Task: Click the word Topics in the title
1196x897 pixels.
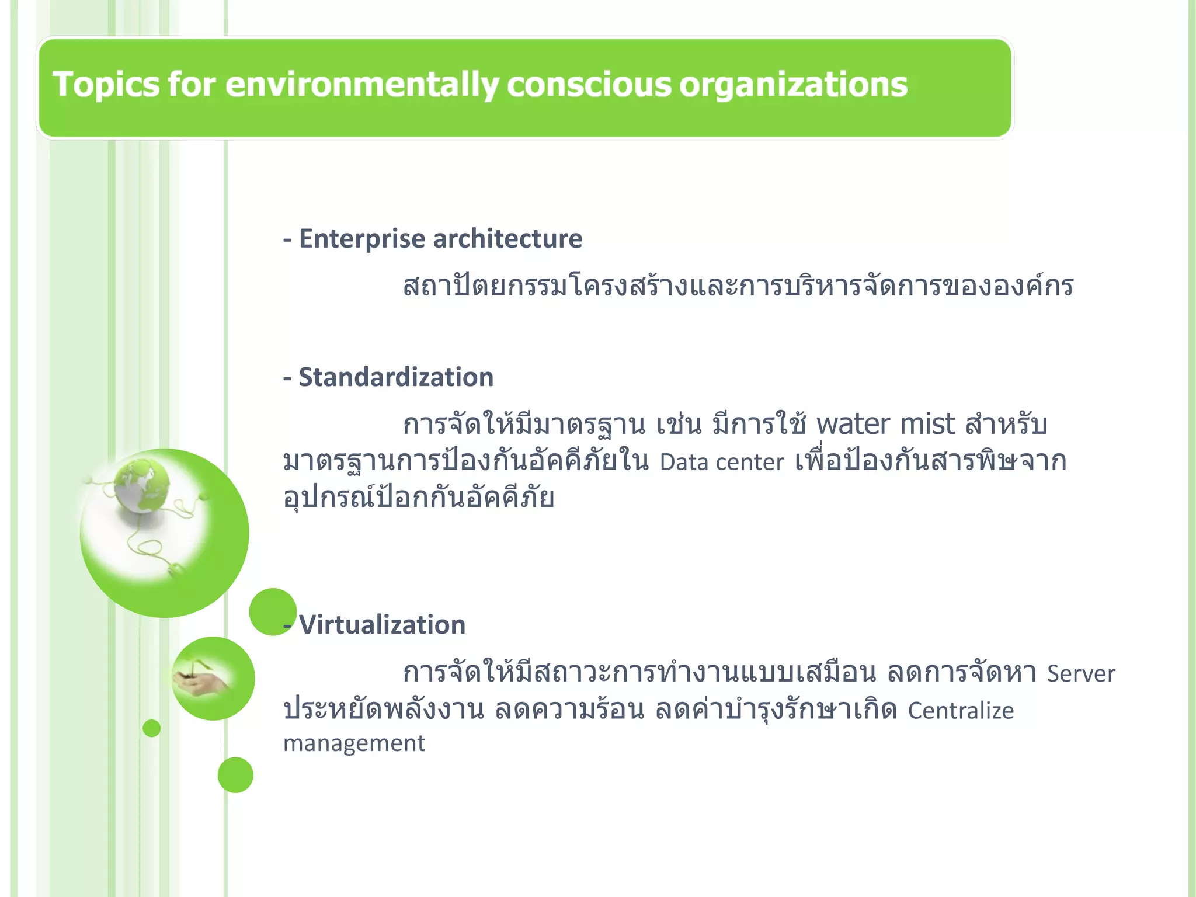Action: tap(105, 84)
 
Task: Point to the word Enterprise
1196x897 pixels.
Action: tap(362, 239)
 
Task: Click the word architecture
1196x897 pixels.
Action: tap(507, 239)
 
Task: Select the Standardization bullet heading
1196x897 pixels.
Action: tap(396, 377)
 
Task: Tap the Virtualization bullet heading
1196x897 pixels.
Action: tap(382, 625)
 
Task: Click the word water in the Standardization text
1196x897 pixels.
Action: tap(853, 425)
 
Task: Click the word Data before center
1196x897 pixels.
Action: tap(684, 463)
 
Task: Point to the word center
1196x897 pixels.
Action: tap(750, 463)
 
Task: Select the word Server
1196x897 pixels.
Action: tap(1081, 674)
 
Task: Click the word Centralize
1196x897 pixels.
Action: tap(961, 711)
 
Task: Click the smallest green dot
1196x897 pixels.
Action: tap(151, 728)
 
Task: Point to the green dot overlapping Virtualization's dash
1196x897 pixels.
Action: tap(272, 611)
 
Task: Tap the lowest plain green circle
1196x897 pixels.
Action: tap(235, 775)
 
